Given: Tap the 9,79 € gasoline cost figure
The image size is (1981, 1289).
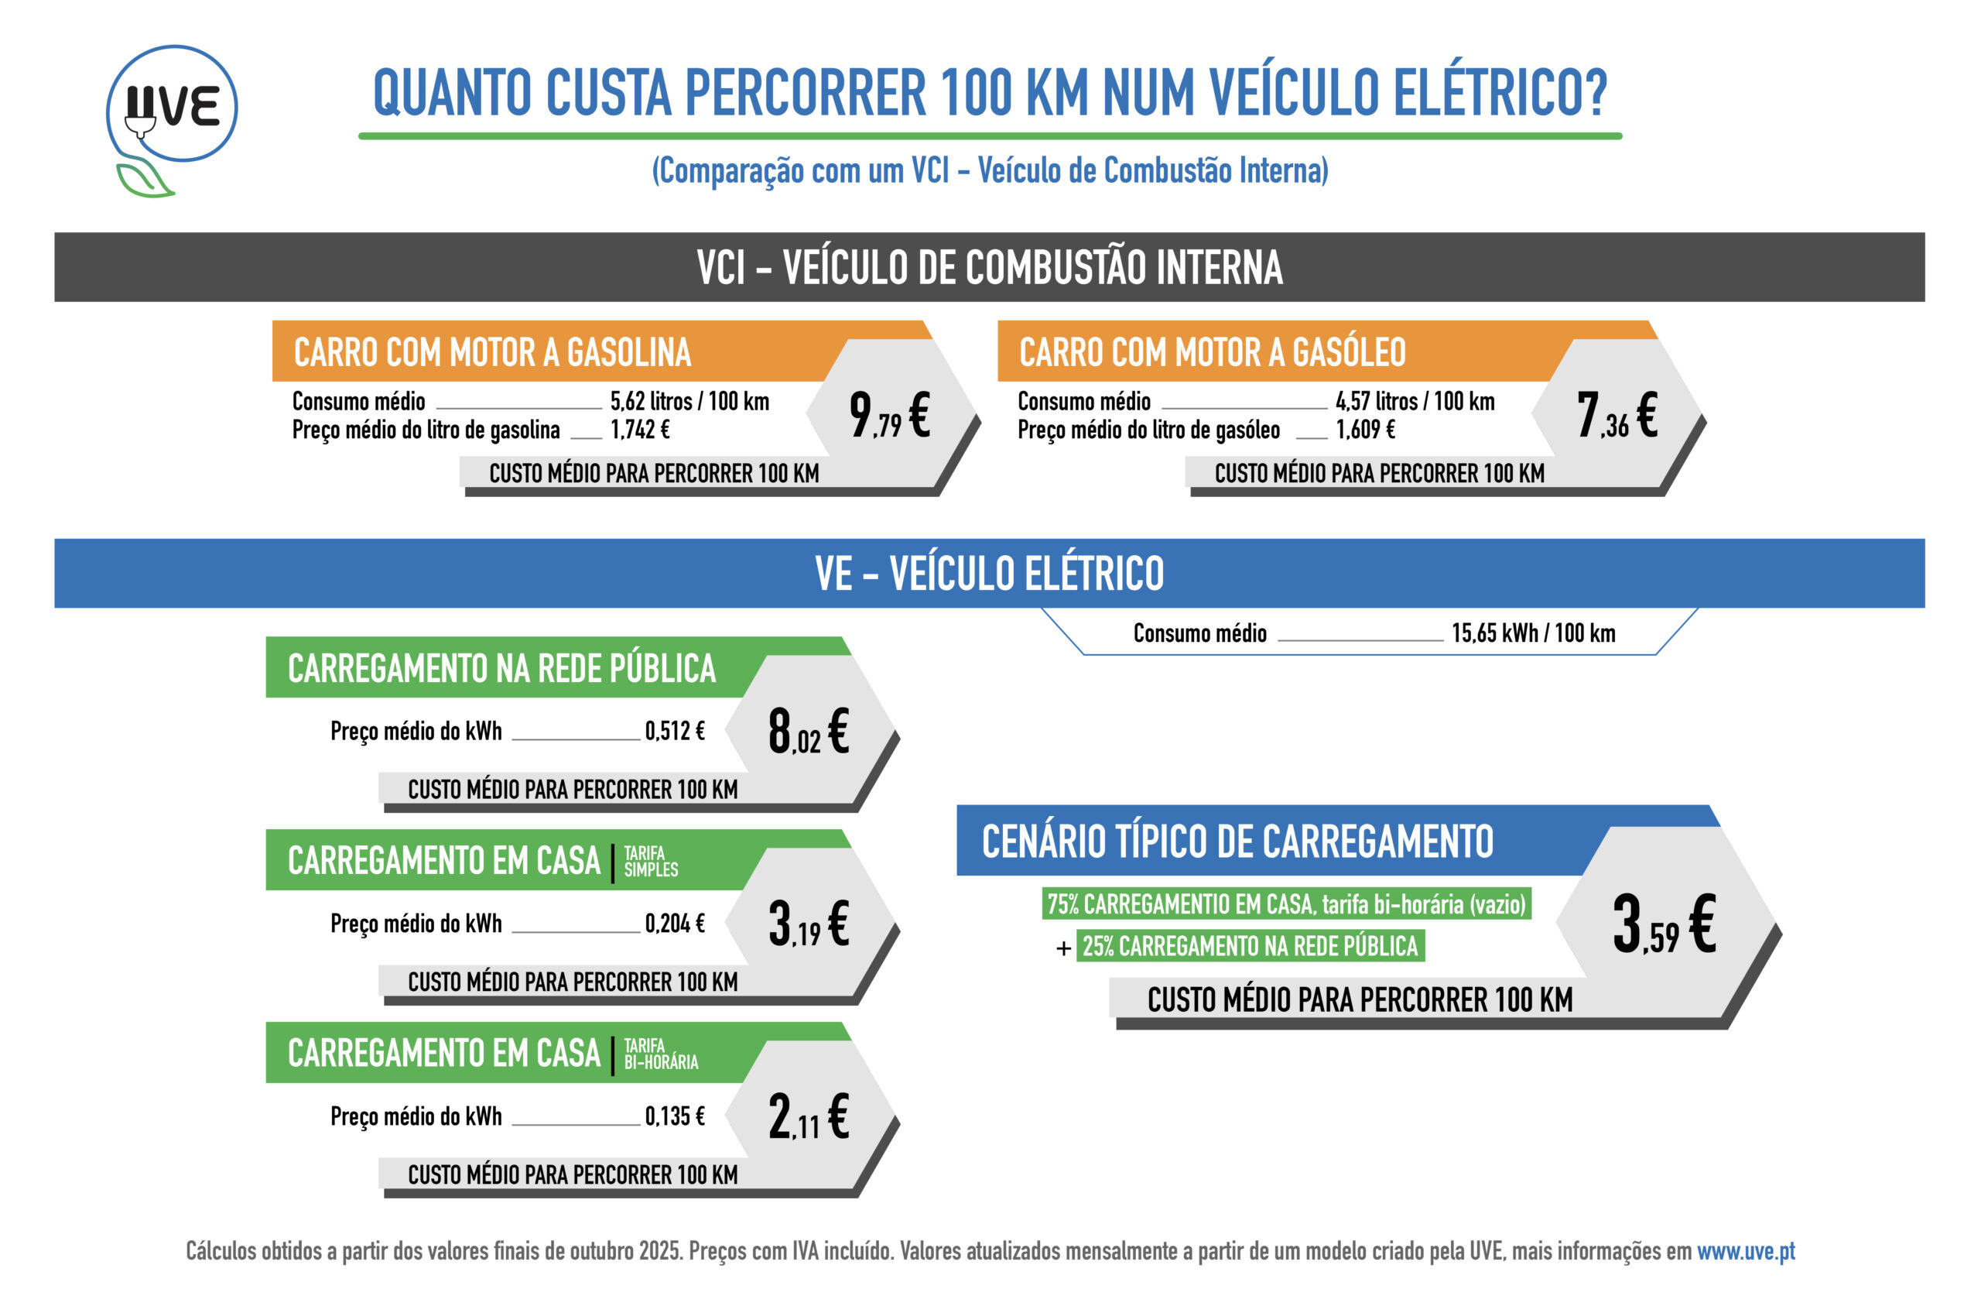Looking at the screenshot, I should coord(889,415).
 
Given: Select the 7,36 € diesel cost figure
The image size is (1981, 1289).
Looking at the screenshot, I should coord(1616,415).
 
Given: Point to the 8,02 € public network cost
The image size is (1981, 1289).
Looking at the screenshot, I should coord(808,731).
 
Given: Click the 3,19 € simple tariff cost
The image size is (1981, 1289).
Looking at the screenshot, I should coord(808,924).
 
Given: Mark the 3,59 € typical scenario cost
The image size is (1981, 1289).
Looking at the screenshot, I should coord(1663,924).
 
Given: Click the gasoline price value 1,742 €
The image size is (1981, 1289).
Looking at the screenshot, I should coord(640,430).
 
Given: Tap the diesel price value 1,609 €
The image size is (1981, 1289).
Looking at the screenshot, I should coord(1365,430).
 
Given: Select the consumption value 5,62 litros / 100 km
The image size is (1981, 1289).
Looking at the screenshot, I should coord(689,401).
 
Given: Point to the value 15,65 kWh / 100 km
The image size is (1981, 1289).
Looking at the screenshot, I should coord(1533,633).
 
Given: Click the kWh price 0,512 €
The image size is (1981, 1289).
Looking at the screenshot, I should coord(674,731).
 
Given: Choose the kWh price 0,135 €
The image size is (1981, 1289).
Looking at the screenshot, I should coord(674,1116).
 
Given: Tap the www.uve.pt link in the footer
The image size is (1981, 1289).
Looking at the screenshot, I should coord(1746,1251).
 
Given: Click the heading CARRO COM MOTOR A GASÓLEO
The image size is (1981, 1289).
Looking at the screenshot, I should coord(1212,352).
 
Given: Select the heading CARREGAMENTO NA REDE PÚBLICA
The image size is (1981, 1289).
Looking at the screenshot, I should coord(501,669).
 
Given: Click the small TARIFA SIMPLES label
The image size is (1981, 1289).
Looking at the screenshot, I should coord(650,861).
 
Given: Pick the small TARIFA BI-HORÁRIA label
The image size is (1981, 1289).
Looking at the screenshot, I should coord(660,1054).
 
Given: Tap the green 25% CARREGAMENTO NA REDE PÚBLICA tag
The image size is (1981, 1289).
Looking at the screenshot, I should coord(1250,946).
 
